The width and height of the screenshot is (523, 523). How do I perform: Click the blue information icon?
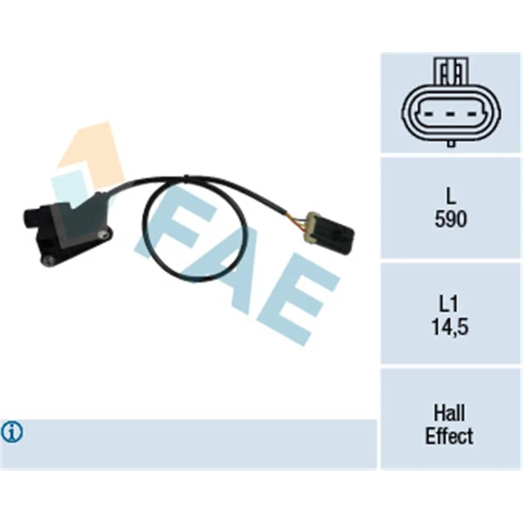click(12, 432)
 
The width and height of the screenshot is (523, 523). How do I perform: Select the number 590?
click(450, 219)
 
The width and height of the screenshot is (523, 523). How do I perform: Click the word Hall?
click(449, 413)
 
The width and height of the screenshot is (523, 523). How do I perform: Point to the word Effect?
click(449, 435)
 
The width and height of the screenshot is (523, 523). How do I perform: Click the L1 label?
click(449, 304)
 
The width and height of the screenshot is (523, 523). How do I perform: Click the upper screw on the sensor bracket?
click(104, 235)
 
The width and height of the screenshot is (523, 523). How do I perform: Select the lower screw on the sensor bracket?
click(48, 261)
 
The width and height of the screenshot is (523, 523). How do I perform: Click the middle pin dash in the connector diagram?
click(450, 114)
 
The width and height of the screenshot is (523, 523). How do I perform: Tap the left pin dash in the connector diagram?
click(430, 114)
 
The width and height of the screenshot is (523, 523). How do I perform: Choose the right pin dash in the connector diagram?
click(471, 114)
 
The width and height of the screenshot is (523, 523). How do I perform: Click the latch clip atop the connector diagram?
click(450, 71)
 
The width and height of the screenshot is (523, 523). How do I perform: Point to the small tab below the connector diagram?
click(450, 143)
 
